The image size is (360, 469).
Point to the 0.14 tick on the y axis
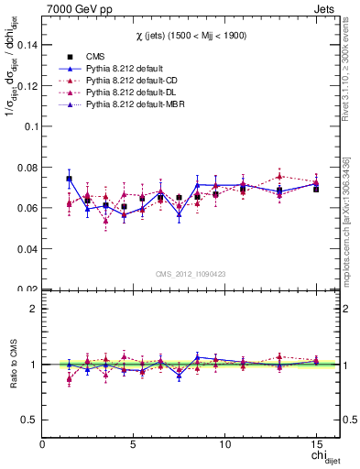coord(27,44)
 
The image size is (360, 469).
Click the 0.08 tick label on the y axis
coord(27,167)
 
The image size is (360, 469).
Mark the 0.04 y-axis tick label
coord(27,248)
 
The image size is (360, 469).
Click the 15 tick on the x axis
coord(316,442)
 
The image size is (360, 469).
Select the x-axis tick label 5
coord(134,442)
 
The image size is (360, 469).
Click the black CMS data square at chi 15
coord(316,189)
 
